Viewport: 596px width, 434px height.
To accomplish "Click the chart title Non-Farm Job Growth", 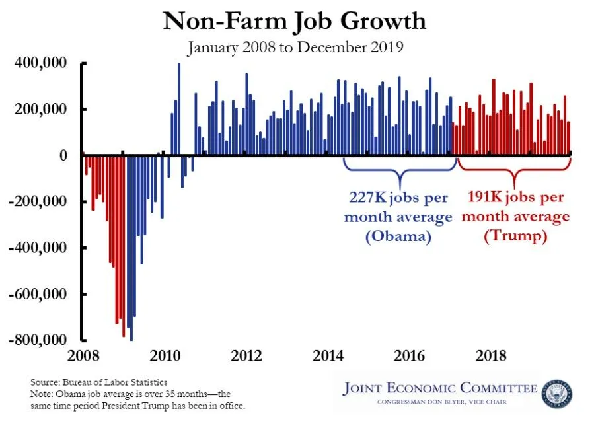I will (295, 21).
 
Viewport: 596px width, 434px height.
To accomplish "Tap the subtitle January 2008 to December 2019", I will (295, 48).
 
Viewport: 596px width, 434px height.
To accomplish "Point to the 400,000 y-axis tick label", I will (40, 63).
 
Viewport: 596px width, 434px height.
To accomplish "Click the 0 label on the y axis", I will (63, 155).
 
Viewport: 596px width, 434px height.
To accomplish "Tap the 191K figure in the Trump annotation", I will (486, 198).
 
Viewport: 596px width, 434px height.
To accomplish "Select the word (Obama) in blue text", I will (398, 236).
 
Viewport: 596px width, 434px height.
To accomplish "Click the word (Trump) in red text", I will (515, 236).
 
